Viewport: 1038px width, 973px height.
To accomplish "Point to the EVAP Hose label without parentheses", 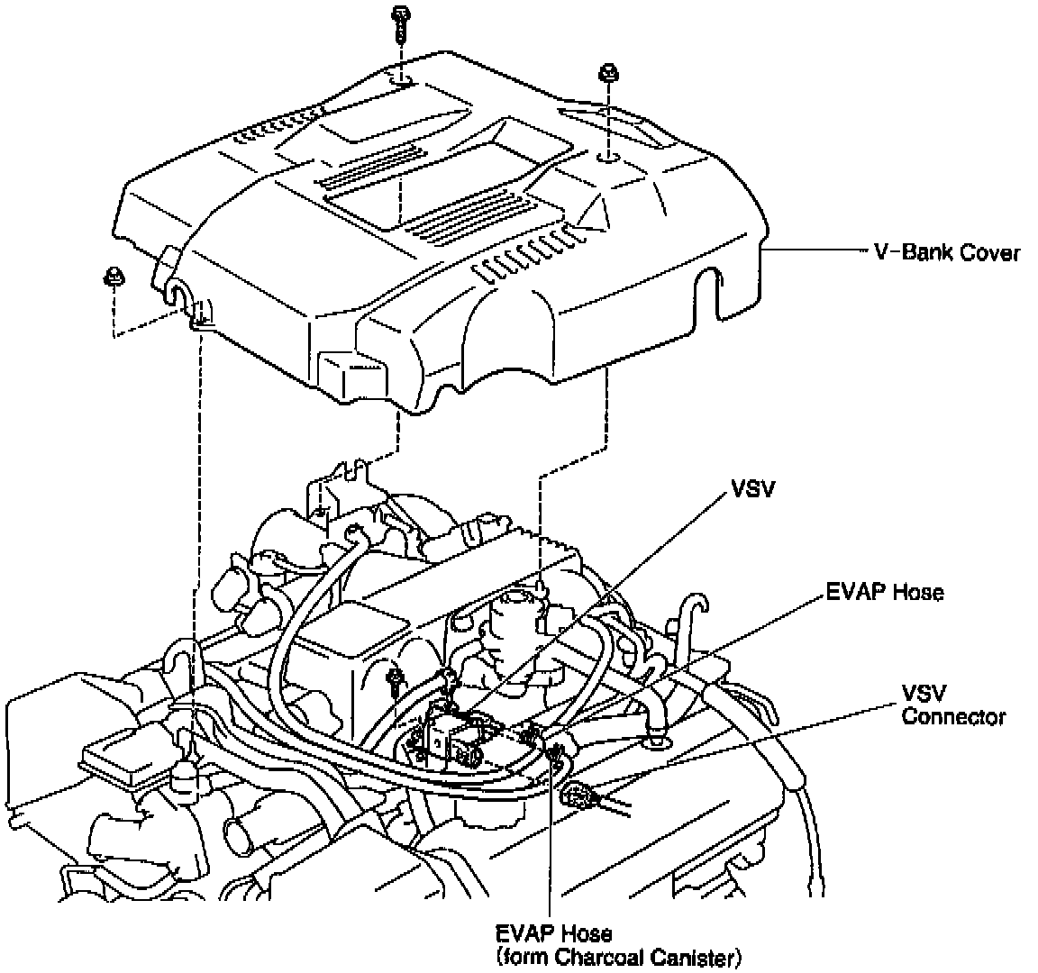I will (x=884, y=592).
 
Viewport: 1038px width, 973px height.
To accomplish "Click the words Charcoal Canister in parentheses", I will (x=655, y=958).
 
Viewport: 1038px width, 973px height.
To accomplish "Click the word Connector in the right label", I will (x=953, y=717).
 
